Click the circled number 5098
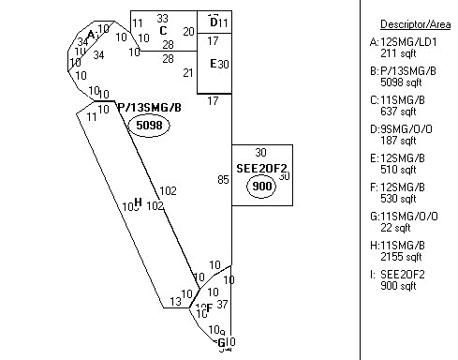[151, 125]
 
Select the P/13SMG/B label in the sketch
[149, 108]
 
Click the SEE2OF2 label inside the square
[261, 169]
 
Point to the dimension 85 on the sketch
[222, 179]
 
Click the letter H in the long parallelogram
[138, 202]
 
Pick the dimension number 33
[162, 18]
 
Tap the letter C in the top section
[163, 31]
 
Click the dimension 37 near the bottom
[222, 304]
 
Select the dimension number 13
[175, 302]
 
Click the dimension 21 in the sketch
[188, 73]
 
